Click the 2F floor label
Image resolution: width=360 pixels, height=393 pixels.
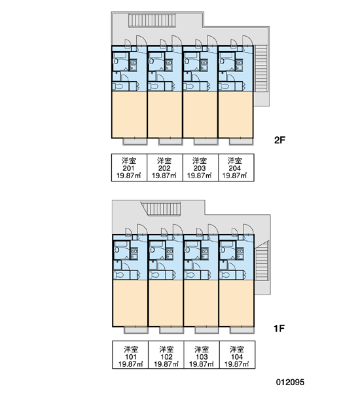[x=280, y=140]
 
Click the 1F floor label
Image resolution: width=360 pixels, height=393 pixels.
[x=279, y=328]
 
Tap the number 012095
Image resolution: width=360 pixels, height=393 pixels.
[x=290, y=382]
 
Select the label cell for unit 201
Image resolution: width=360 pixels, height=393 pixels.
[x=129, y=168]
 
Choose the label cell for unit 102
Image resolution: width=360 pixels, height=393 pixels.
[x=166, y=354]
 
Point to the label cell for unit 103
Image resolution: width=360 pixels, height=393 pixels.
[x=202, y=354]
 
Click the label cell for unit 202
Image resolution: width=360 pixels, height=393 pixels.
[x=164, y=168]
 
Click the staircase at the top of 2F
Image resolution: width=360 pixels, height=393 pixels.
[x=152, y=20]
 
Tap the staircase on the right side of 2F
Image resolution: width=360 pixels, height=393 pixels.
[x=261, y=68]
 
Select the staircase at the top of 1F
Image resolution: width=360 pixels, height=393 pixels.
[x=161, y=209]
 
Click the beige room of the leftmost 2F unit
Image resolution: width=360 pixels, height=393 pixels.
[x=129, y=115]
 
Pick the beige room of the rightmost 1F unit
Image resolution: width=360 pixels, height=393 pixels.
[x=236, y=303]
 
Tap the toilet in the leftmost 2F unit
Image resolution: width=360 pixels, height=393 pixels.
[x=118, y=86]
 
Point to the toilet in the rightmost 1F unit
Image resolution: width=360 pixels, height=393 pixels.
[x=225, y=275]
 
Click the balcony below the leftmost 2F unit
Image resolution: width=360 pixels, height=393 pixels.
[x=135, y=141]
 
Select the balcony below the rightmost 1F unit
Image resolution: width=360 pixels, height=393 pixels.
[x=242, y=330]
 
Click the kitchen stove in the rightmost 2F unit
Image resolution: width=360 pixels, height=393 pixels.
[x=239, y=65]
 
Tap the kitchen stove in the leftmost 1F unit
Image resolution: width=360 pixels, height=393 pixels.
[x=134, y=253]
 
